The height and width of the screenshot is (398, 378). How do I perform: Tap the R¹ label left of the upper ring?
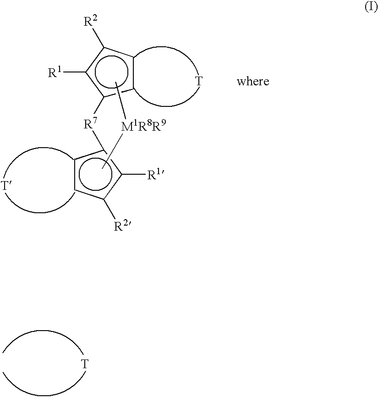pos(55,72)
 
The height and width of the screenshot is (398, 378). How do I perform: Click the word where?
pos(252,82)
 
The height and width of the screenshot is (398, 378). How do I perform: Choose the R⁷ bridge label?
pos(89,123)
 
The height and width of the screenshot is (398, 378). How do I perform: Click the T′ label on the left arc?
pos(6,186)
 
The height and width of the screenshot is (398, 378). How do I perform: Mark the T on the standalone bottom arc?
pos(84,365)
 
